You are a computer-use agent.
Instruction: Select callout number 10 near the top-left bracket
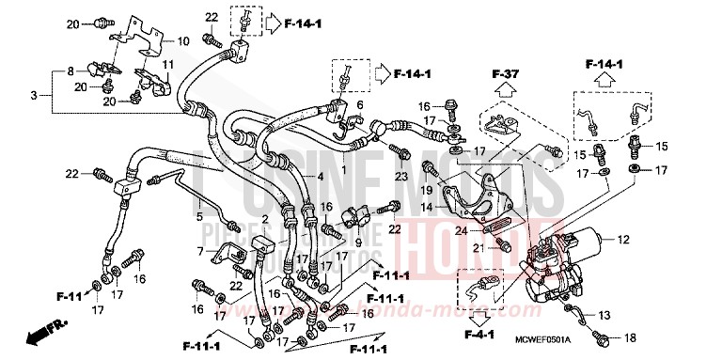[182, 41]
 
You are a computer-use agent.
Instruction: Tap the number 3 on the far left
[35, 96]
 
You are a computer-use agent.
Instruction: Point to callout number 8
[70, 71]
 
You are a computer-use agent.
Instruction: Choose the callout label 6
[359, 104]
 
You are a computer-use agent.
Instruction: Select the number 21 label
[477, 247]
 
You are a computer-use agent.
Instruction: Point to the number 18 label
[629, 337]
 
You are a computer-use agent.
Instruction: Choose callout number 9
[358, 243]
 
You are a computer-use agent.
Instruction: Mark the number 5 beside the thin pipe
[198, 217]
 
